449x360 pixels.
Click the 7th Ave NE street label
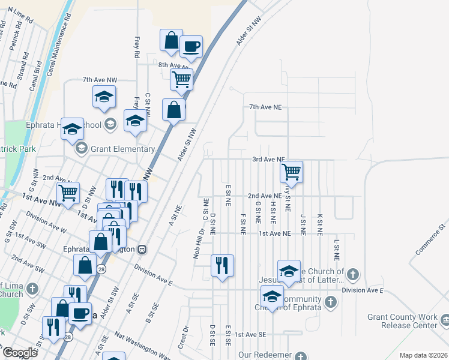click(265, 107)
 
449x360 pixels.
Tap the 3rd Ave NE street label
click(268, 160)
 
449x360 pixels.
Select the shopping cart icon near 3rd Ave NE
click(291, 172)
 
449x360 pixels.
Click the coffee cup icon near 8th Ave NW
click(191, 47)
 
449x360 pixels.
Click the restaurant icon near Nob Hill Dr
click(222, 265)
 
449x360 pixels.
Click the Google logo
click(19, 353)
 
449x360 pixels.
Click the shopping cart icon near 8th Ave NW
click(181, 79)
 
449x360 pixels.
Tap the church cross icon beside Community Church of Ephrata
click(330, 301)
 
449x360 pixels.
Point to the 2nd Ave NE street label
click(265, 196)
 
